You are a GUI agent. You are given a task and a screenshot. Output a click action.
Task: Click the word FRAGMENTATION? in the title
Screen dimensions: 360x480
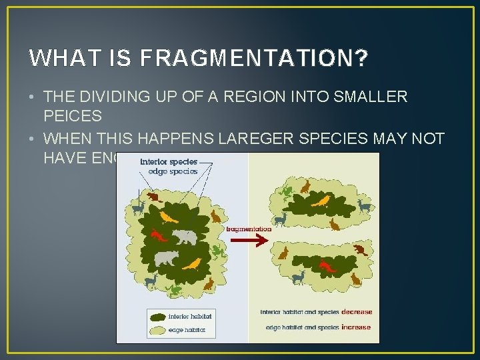tap(254, 59)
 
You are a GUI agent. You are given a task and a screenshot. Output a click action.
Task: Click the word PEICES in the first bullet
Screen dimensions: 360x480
tap(73, 116)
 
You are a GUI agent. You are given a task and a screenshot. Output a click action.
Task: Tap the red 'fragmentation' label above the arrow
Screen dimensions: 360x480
tap(249, 229)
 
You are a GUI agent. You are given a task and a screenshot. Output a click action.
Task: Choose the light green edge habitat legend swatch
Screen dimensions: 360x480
tap(159, 329)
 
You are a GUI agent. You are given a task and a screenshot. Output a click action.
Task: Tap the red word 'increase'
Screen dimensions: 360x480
tap(356, 327)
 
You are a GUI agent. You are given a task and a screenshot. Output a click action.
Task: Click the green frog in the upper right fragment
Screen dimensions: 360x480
tap(287, 191)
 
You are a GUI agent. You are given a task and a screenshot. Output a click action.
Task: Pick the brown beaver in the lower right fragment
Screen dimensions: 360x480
tap(361, 250)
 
